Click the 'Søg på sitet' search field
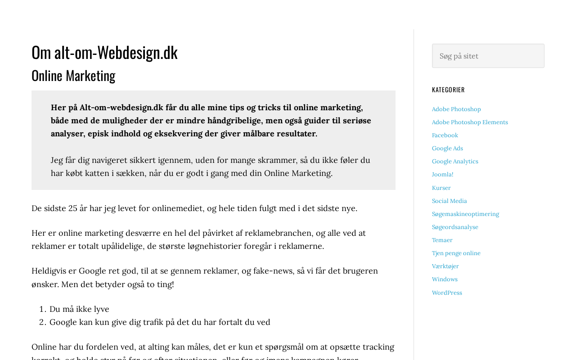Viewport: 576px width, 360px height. point(488,56)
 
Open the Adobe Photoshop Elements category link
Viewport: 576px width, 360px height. point(470,122)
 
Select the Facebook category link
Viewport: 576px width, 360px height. point(445,135)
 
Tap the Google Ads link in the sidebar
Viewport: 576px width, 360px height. point(447,148)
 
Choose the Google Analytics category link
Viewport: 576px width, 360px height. point(455,162)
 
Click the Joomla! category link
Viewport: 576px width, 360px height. point(442,175)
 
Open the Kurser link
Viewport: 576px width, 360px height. point(441,188)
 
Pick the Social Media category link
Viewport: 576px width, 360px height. point(450,201)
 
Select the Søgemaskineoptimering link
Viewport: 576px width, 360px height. point(465,214)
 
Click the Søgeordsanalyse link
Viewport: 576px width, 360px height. point(455,227)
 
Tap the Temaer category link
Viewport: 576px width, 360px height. point(442,240)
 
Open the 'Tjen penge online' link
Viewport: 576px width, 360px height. point(456,253)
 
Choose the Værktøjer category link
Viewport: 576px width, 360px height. point(445,266)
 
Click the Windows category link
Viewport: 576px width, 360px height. point(445,279)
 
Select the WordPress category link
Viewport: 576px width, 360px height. point(447,293)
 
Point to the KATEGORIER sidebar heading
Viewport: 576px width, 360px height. point(448,90)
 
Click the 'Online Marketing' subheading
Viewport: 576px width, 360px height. point(73,76)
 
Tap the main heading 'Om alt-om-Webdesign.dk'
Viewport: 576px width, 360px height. point(104,52)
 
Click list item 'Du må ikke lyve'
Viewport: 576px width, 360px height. point(79,309)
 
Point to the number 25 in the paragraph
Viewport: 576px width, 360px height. point(73,208)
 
